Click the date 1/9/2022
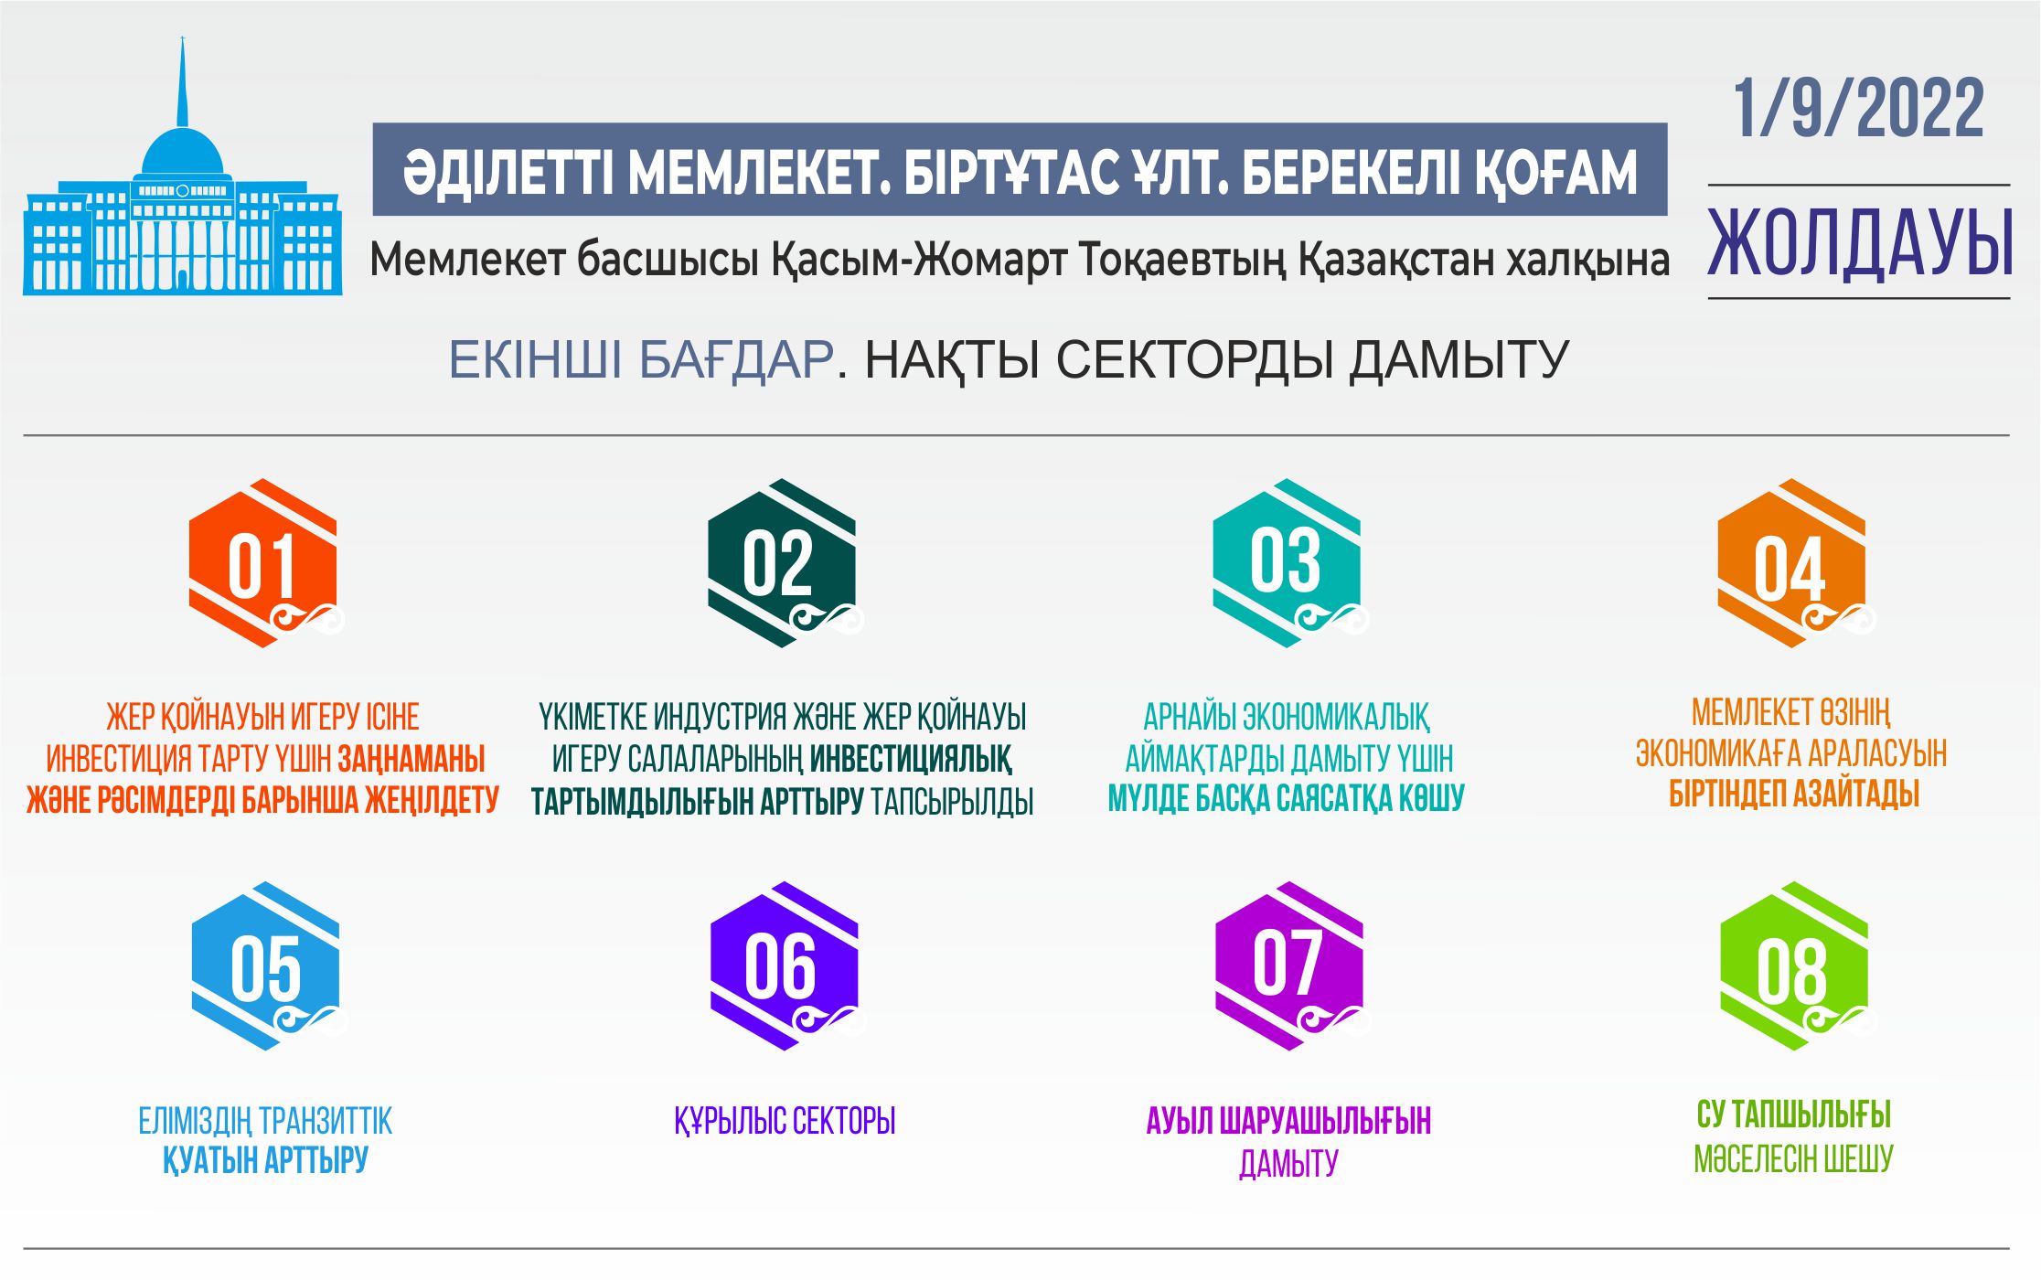coord(1857,110)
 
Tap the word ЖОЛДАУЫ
coord(1860,243)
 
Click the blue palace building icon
coord(183,229)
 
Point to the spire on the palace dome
coord(183,82)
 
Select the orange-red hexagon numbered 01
coord(263,563)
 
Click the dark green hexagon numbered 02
coord(781,563)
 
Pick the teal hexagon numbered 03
coord(1287,563)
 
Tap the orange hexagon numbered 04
coord(1791,563)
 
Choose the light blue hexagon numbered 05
coord(265,966)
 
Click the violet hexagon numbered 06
coord(784,966)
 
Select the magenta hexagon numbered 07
coord(1288,966)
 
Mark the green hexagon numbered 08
coord(1793,966)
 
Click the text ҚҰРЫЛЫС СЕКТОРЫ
coord(785,1121)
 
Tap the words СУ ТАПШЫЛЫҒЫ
coord(1793,1115)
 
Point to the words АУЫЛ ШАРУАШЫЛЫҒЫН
coord(1288,1121)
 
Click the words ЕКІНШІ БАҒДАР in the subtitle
coord(640,360)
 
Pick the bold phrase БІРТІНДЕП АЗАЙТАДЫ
coord(1793,795)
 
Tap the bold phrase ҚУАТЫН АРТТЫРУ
coord(265,1161)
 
